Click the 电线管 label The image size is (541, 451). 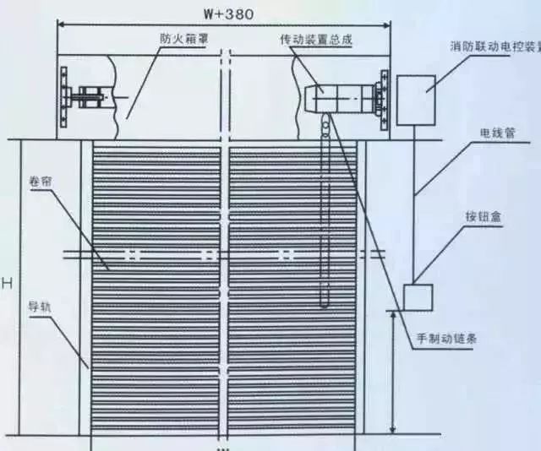pos(496,133)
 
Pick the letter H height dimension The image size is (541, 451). pos(7,283)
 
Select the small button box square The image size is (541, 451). pos(417,298)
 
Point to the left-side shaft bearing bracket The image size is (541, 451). pos(84,96)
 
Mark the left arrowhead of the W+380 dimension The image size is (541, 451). pos(61,26)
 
